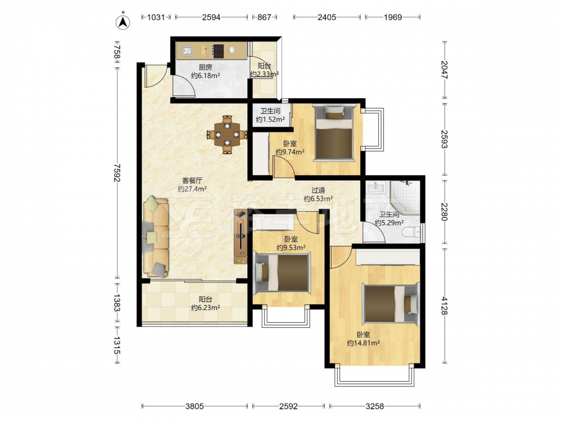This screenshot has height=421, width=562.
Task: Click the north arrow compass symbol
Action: (123, 21)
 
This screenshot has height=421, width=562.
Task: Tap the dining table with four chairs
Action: (227, 135)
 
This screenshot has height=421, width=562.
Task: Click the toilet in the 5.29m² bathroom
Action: (411, 232)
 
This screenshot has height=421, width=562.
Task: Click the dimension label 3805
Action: (194, 406)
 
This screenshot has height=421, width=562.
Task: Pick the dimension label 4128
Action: (445, 306)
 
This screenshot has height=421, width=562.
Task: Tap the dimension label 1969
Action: (393, 17)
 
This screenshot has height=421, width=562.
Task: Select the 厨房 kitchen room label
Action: (205, 67)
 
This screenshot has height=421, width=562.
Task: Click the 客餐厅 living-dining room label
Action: (192, 180)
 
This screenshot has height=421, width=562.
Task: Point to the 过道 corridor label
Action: (318, 190)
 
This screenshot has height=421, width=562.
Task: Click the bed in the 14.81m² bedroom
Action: (391, 304)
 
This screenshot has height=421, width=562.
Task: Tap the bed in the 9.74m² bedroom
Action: (333, 133)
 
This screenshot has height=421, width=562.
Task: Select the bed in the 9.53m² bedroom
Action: (282, 272)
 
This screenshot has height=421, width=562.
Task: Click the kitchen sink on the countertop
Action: (187, 51)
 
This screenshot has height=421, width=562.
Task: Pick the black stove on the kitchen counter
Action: (218, 51)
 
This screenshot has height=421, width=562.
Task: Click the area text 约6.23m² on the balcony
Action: (205, 308)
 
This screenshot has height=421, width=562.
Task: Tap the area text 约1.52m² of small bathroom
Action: (270, 120)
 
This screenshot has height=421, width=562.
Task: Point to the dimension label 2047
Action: (445, 70)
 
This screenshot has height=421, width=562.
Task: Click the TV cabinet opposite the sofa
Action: (241, 237)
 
